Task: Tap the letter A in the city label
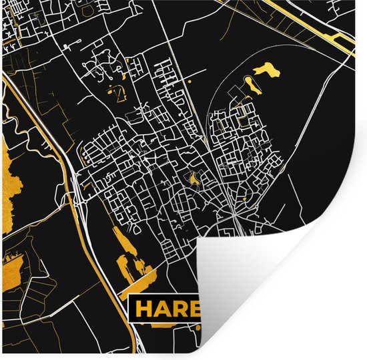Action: point(162,309)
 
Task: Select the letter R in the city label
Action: point(180,309)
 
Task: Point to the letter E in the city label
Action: point(195,309)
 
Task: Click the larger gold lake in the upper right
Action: point(266,69)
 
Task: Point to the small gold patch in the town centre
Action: point(194,179)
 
